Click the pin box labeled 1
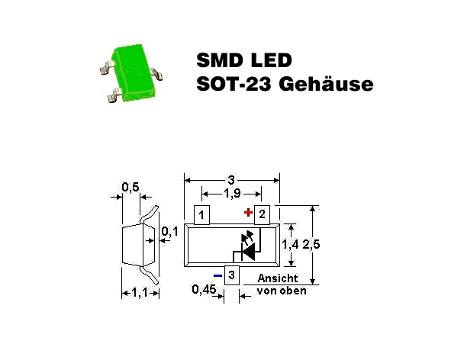click(201, 215)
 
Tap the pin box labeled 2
click(262, 215)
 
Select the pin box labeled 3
click(232, 275)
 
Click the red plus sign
click(248, 213)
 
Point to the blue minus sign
click(217, 275)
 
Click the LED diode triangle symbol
click(249, 252)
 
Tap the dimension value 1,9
click(232, 194)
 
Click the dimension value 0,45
click(204, 289)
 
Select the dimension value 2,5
click(311, 244)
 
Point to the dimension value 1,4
click(290, 244)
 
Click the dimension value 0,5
click(130, 187)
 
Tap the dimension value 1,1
click(140, 293)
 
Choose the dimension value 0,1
click(169, 231)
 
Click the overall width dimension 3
click(231, 180)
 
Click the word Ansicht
click(278, 278)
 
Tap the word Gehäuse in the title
click(326, 84)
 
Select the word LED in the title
click(272, 60)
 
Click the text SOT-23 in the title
click(234, 84)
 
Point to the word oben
click(294, 291)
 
